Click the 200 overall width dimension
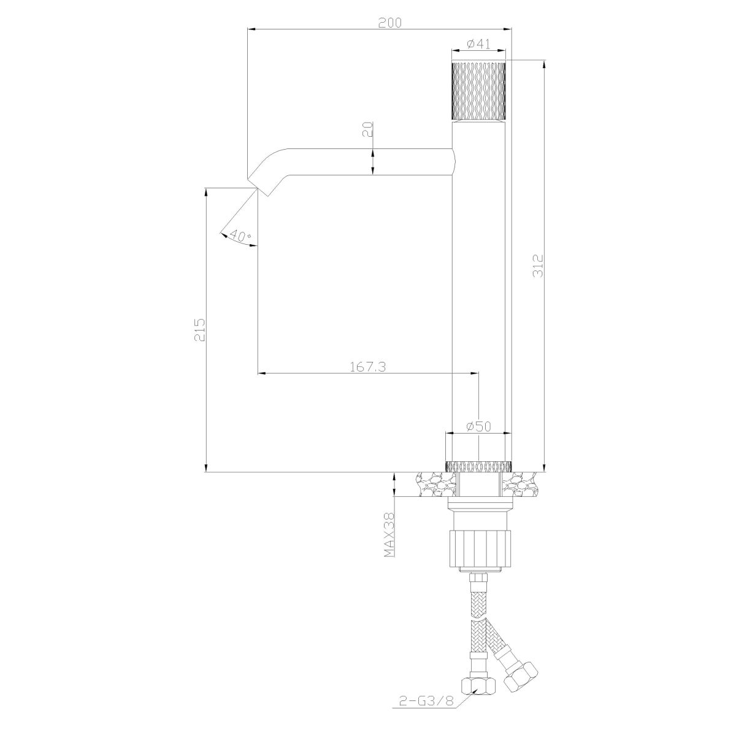pyautogui.click(x=389, y=23)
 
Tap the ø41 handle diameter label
pyautogui.click(x=478, y=44)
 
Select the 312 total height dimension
pyautogui.click(x=538, y=266)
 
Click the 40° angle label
pyautogui.click(x=240, y=236)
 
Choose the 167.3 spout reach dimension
pyautogui.click(x=368, y=367)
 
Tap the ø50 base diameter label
pyautogui.click(x=478, y=427)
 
